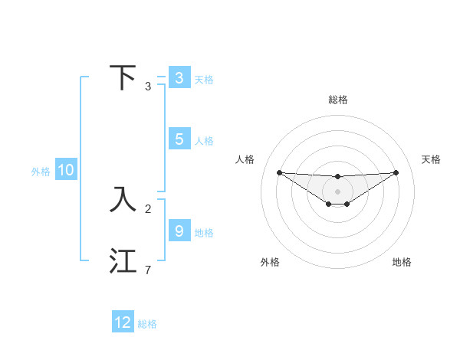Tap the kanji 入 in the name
[x=123, y=199]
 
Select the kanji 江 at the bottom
[x=123, y=260]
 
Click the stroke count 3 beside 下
[x=148, y=87]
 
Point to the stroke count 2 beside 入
[x=148, y=208]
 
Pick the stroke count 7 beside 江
[x=148, y=270]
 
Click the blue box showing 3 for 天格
[x=179, y=78]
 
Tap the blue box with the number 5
[x=179, y=139]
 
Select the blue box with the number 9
[x=179, y=231]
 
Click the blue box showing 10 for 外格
[x=65, y=171]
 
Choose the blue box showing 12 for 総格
[x=123, y=322]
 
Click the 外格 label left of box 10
[x=41, y=172]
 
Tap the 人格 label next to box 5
[x=204, y=141]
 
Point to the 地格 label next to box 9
[x=204, y=233]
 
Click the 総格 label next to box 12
[x=147, y=324]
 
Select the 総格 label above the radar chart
[x=337, y=100]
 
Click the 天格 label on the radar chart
[x=432, y=159]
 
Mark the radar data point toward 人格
[x=279, y=172]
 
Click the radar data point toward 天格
[x=396, y=172]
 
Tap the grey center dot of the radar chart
[x=337, y=191]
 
